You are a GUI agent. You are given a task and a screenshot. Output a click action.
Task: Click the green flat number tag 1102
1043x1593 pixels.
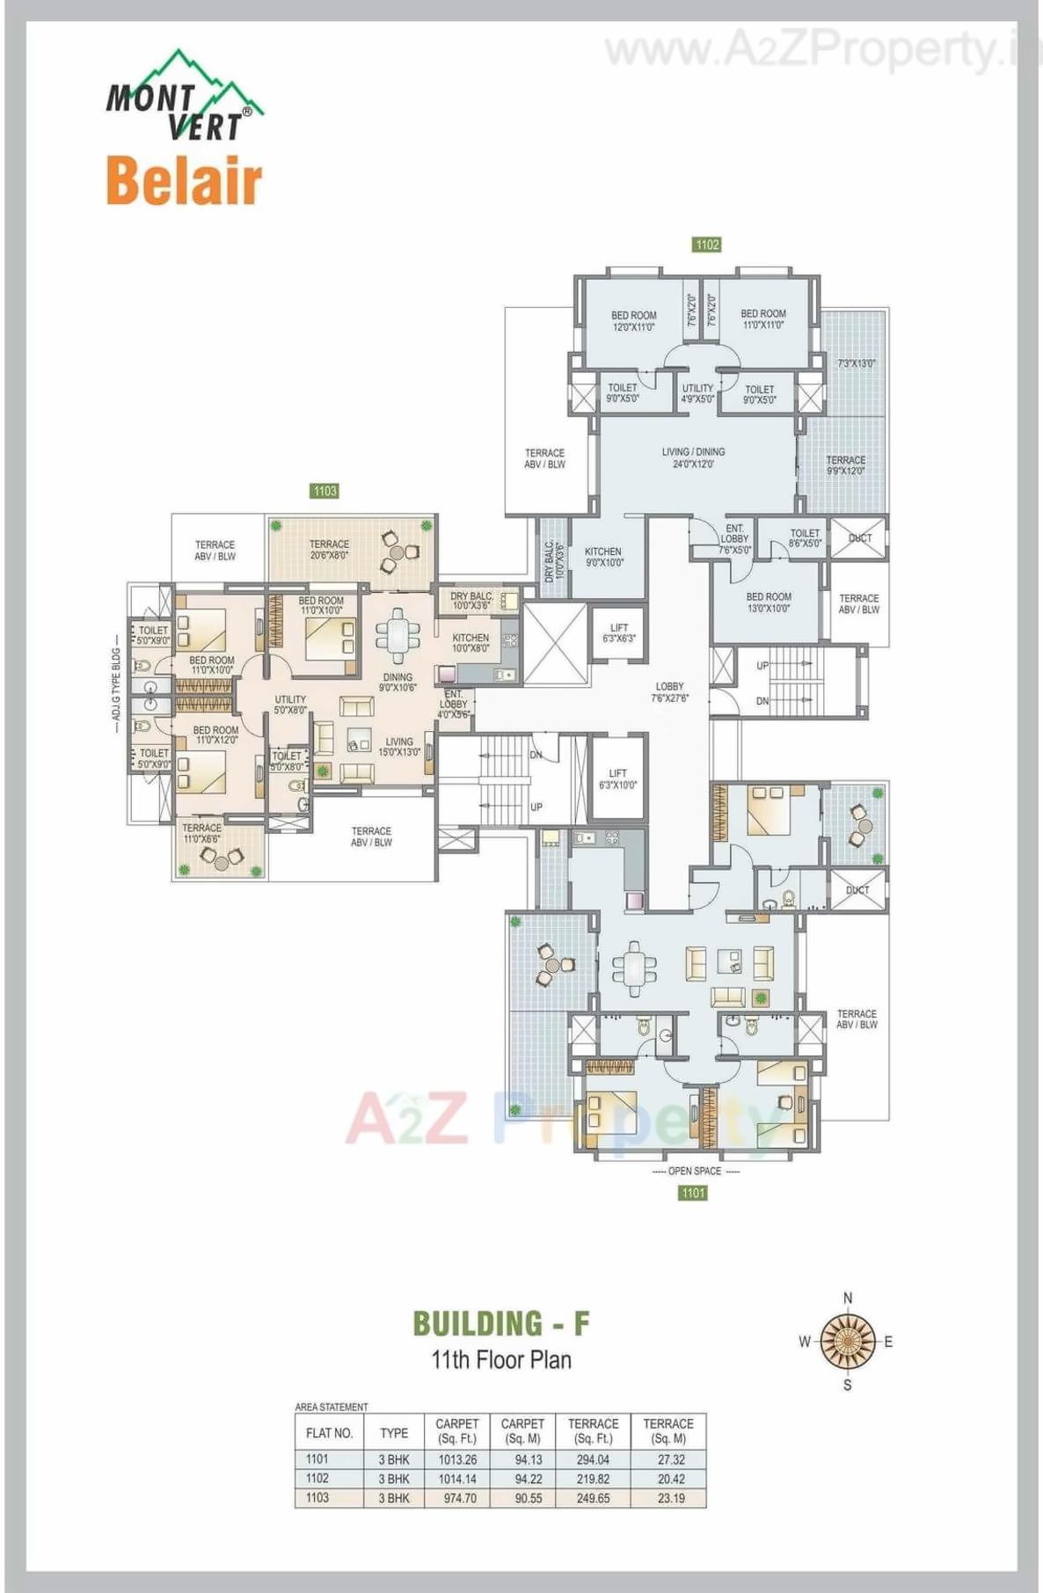click(707, 245)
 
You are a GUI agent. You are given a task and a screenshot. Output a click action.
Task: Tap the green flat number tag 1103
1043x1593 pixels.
click(325, 491)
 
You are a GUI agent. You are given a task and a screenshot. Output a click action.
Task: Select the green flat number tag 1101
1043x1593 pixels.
click(693, 1193)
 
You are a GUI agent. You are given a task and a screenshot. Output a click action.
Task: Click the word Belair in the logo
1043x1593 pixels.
click(184, 181)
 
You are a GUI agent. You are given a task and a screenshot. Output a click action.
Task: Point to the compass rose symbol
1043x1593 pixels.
click(848, 1341)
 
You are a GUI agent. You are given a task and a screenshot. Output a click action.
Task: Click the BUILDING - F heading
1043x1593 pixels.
click(501, 1324)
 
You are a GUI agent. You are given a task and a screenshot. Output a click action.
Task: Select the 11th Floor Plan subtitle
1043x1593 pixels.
click(501, 1360)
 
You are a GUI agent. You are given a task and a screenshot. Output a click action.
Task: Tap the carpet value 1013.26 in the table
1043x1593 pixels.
click(457, 1459)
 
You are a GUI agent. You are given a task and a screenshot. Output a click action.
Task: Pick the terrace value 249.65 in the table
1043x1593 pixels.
click(593, 1498)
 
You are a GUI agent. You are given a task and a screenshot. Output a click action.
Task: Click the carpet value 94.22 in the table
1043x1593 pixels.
click(528, 1479)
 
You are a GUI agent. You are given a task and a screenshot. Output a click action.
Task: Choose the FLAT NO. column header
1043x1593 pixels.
click(329, 1433)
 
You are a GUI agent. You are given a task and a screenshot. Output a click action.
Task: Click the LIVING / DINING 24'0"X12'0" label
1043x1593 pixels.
click(693, 457)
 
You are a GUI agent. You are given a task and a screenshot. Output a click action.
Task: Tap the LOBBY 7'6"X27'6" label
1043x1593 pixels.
click(669, 692)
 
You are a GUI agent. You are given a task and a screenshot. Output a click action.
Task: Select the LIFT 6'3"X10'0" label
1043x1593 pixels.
click(618, 779)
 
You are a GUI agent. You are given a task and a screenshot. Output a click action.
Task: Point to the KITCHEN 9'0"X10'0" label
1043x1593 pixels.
click(603, 557)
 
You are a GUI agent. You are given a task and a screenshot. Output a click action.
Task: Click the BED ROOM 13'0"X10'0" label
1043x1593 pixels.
click(769, 603)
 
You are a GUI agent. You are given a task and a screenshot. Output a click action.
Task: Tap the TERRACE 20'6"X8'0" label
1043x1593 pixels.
click(329, 550)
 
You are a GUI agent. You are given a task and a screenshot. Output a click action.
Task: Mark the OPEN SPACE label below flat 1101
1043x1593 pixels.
click(695, 1171)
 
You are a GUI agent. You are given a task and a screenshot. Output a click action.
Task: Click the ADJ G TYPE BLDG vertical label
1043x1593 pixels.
click(116, 685)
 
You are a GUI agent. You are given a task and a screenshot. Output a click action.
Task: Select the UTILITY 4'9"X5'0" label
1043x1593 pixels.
click(698, 393)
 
